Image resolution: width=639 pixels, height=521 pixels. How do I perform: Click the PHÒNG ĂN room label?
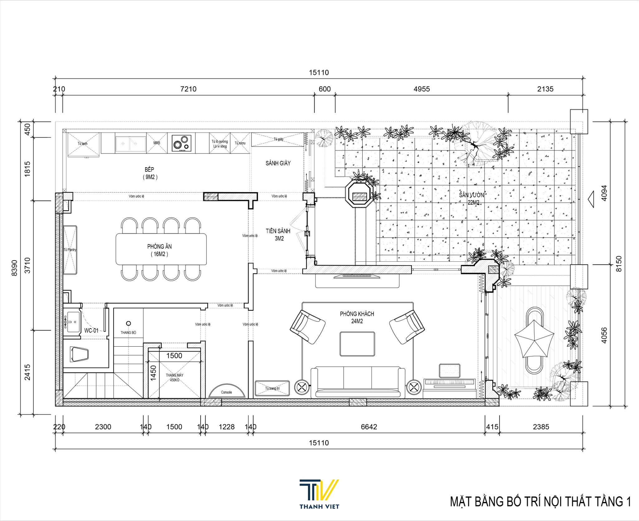coord(159,246)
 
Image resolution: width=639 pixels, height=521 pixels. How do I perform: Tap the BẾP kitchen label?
coord(149,170)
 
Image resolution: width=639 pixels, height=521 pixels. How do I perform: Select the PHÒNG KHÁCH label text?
coord(357,314)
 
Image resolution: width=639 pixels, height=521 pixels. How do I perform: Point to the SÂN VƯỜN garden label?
coord(471,195)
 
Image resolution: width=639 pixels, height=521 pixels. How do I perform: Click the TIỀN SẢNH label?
coord(278,231)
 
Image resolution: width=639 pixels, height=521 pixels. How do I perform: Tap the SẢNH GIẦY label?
coord(278,163)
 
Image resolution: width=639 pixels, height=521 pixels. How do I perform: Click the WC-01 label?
coord(91,330)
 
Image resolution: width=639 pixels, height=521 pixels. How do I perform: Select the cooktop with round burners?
coord(182,143)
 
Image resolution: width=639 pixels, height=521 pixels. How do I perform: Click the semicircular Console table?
coord(227,391)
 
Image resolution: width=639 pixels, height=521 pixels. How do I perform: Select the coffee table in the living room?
coord(357,344)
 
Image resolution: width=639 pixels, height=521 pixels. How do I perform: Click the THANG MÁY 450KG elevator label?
coord(174,377)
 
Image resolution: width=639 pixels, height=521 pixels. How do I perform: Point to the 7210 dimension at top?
coord(188,89)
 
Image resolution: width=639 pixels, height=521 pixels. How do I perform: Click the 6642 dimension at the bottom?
coord(369,427)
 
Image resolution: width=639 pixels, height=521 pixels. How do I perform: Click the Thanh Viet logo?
coord(319,494)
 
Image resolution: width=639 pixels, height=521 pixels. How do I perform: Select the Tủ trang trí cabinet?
coord(272,388)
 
